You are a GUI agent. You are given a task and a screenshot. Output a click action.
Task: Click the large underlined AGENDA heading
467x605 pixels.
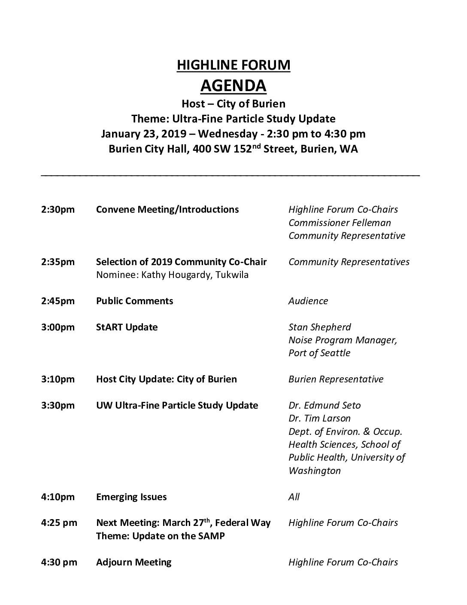[x=233, y=86]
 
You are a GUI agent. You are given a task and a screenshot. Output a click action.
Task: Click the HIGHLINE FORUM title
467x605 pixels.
[x=233, y=65]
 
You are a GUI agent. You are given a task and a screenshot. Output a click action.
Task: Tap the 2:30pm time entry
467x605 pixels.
[x=58, y=210]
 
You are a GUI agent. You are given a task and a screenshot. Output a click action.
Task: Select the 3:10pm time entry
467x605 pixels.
[x=58, y=379]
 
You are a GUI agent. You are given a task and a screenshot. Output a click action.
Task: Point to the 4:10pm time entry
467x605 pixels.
[x=58, y=497]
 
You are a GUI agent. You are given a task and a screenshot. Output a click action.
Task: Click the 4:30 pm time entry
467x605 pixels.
[x=59, y=562]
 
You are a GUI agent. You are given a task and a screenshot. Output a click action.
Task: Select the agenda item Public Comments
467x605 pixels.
[x=134, y=301]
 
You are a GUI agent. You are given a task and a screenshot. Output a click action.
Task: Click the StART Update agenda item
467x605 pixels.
[x=127, y=327]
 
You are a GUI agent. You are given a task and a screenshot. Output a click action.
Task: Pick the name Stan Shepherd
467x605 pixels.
[x=319, y=327]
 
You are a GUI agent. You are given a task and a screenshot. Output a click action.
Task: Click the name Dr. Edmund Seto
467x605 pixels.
[x=324, y=406]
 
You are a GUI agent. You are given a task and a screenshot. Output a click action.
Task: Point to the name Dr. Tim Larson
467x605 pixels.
[x=319, y=419]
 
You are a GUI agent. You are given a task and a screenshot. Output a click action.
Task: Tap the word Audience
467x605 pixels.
[x=308, y=301]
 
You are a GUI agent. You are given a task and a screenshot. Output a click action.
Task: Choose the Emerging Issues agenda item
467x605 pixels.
[x=131, y=497]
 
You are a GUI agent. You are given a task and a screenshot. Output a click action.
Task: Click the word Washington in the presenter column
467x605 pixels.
[x=314, y=471]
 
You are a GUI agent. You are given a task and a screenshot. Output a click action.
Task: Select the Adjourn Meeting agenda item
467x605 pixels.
[x=133, y=562]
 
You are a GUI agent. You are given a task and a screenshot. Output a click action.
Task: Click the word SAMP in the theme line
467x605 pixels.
[x=211, y=536]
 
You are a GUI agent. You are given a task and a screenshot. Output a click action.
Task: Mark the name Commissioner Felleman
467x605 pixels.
[x=340, y=223]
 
